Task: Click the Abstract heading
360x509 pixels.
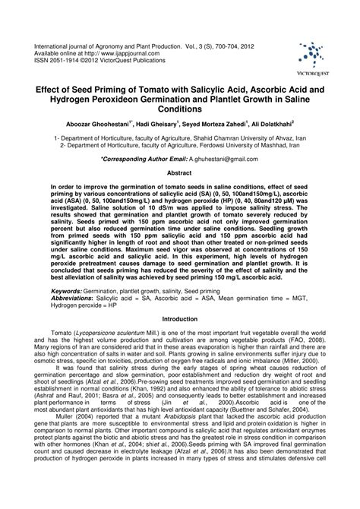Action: point(179,173)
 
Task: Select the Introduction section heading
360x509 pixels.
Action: point(180,340)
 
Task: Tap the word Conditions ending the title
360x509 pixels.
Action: point(180,109)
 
